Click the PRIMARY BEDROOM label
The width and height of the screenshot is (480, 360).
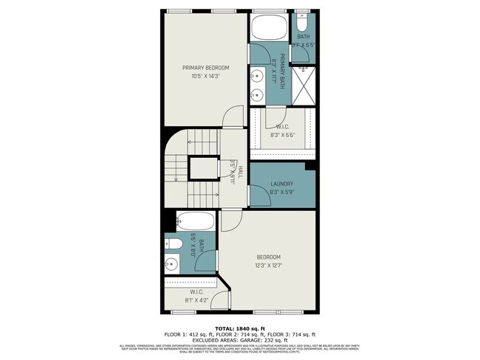click(x=205, y=67)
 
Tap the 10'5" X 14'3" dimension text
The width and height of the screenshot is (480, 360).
click(x=205, y=76)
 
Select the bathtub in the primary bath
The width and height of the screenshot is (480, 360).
click(x=270, y=29)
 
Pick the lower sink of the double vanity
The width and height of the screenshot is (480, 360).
click(x=256, y=94)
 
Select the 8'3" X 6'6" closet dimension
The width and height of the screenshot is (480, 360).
click(x=282, y=135)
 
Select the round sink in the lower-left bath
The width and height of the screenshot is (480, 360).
click(x=172, y=263)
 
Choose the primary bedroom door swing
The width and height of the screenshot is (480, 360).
click(x=233, y=115)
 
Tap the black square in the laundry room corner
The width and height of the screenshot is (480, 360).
click(x=310, y=165)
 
